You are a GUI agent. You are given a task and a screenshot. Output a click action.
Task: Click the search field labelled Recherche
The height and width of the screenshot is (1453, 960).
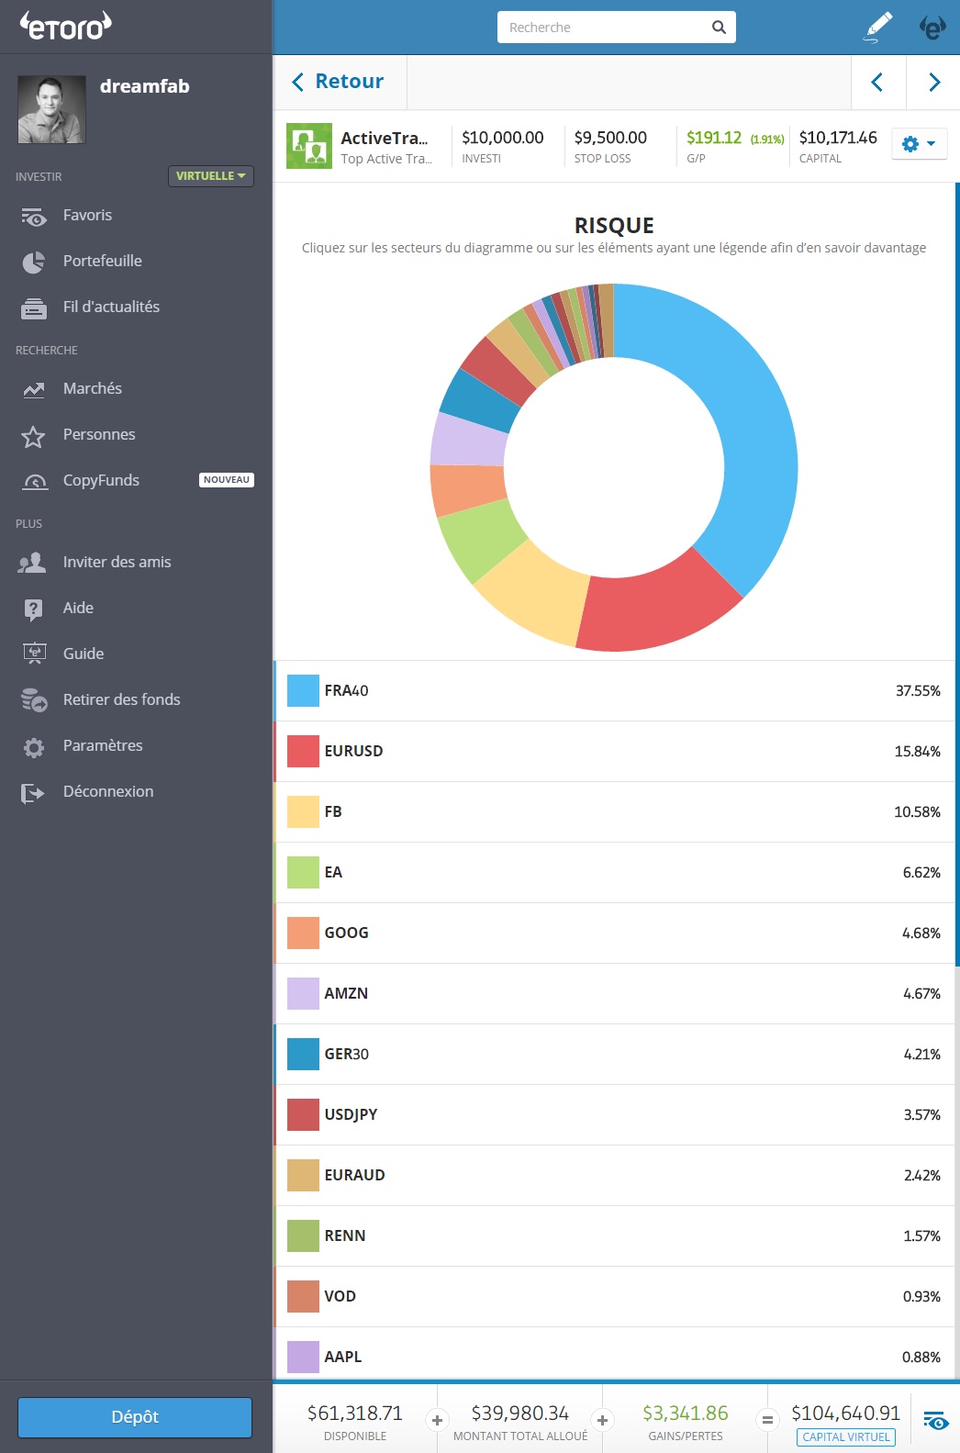coord(606,28)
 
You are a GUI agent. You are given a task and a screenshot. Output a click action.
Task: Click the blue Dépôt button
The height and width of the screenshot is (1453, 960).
coord(135,1417)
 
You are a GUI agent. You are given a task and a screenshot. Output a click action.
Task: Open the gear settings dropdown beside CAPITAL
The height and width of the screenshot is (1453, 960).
coord(919,144)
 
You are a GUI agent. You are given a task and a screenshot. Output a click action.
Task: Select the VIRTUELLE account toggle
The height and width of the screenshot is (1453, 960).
coord(210,176)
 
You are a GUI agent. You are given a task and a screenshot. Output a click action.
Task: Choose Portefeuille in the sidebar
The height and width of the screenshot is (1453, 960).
coord(102,261)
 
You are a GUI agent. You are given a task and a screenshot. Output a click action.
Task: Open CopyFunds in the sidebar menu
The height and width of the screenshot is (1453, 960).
coord(101,480)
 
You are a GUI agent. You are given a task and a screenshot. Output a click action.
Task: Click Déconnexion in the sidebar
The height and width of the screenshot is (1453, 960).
coord(107,791)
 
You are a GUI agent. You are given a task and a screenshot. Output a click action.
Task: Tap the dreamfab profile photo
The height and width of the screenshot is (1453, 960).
coord(51,109)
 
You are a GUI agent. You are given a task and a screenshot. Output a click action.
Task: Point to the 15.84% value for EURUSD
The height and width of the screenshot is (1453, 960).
coord(917,752)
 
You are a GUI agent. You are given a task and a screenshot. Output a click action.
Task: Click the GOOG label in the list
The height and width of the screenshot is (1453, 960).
coord(346,933)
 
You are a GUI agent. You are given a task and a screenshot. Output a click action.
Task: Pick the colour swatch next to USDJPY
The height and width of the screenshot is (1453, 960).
coord(303,1114)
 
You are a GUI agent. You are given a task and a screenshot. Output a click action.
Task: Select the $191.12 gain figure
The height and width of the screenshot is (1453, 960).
coord(713,138)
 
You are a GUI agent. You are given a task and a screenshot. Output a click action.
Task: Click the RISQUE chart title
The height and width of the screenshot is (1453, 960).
coord(614,226)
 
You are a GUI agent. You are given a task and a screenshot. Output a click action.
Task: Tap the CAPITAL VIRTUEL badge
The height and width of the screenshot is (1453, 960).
coord(845,1437)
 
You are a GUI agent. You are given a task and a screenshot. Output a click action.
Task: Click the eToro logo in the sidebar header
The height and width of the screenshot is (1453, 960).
coord(66,26)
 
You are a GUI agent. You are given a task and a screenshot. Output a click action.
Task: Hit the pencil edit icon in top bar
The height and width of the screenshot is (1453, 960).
coord(878,27)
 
